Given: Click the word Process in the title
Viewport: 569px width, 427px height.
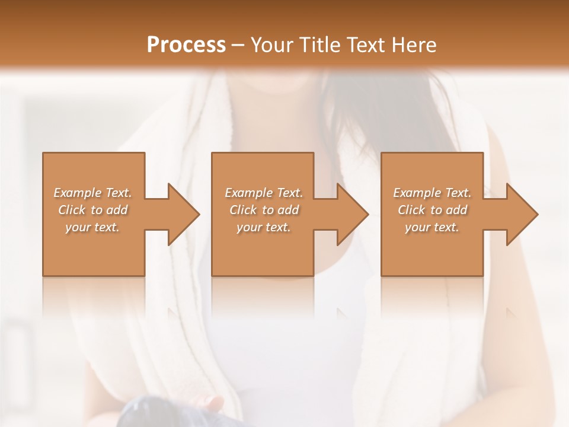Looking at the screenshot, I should pos(186,44).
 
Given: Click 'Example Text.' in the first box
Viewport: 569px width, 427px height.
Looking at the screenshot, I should pos(93,193).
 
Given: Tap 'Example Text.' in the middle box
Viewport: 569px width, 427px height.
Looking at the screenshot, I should pos(264,193).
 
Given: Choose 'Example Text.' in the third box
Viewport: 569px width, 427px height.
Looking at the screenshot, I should pos(432,193).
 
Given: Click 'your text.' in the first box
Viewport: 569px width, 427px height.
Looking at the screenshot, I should pos(92,227).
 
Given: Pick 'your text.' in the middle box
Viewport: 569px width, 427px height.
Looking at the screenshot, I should pos(263,227).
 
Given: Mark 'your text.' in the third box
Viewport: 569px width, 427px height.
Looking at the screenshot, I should pos(431,227).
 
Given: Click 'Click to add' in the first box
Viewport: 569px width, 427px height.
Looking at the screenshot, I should pos(93,210).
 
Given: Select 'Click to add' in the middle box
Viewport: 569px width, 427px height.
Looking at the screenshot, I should pos(264,210).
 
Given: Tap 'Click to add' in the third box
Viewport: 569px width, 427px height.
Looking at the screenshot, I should pos(432,210).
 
